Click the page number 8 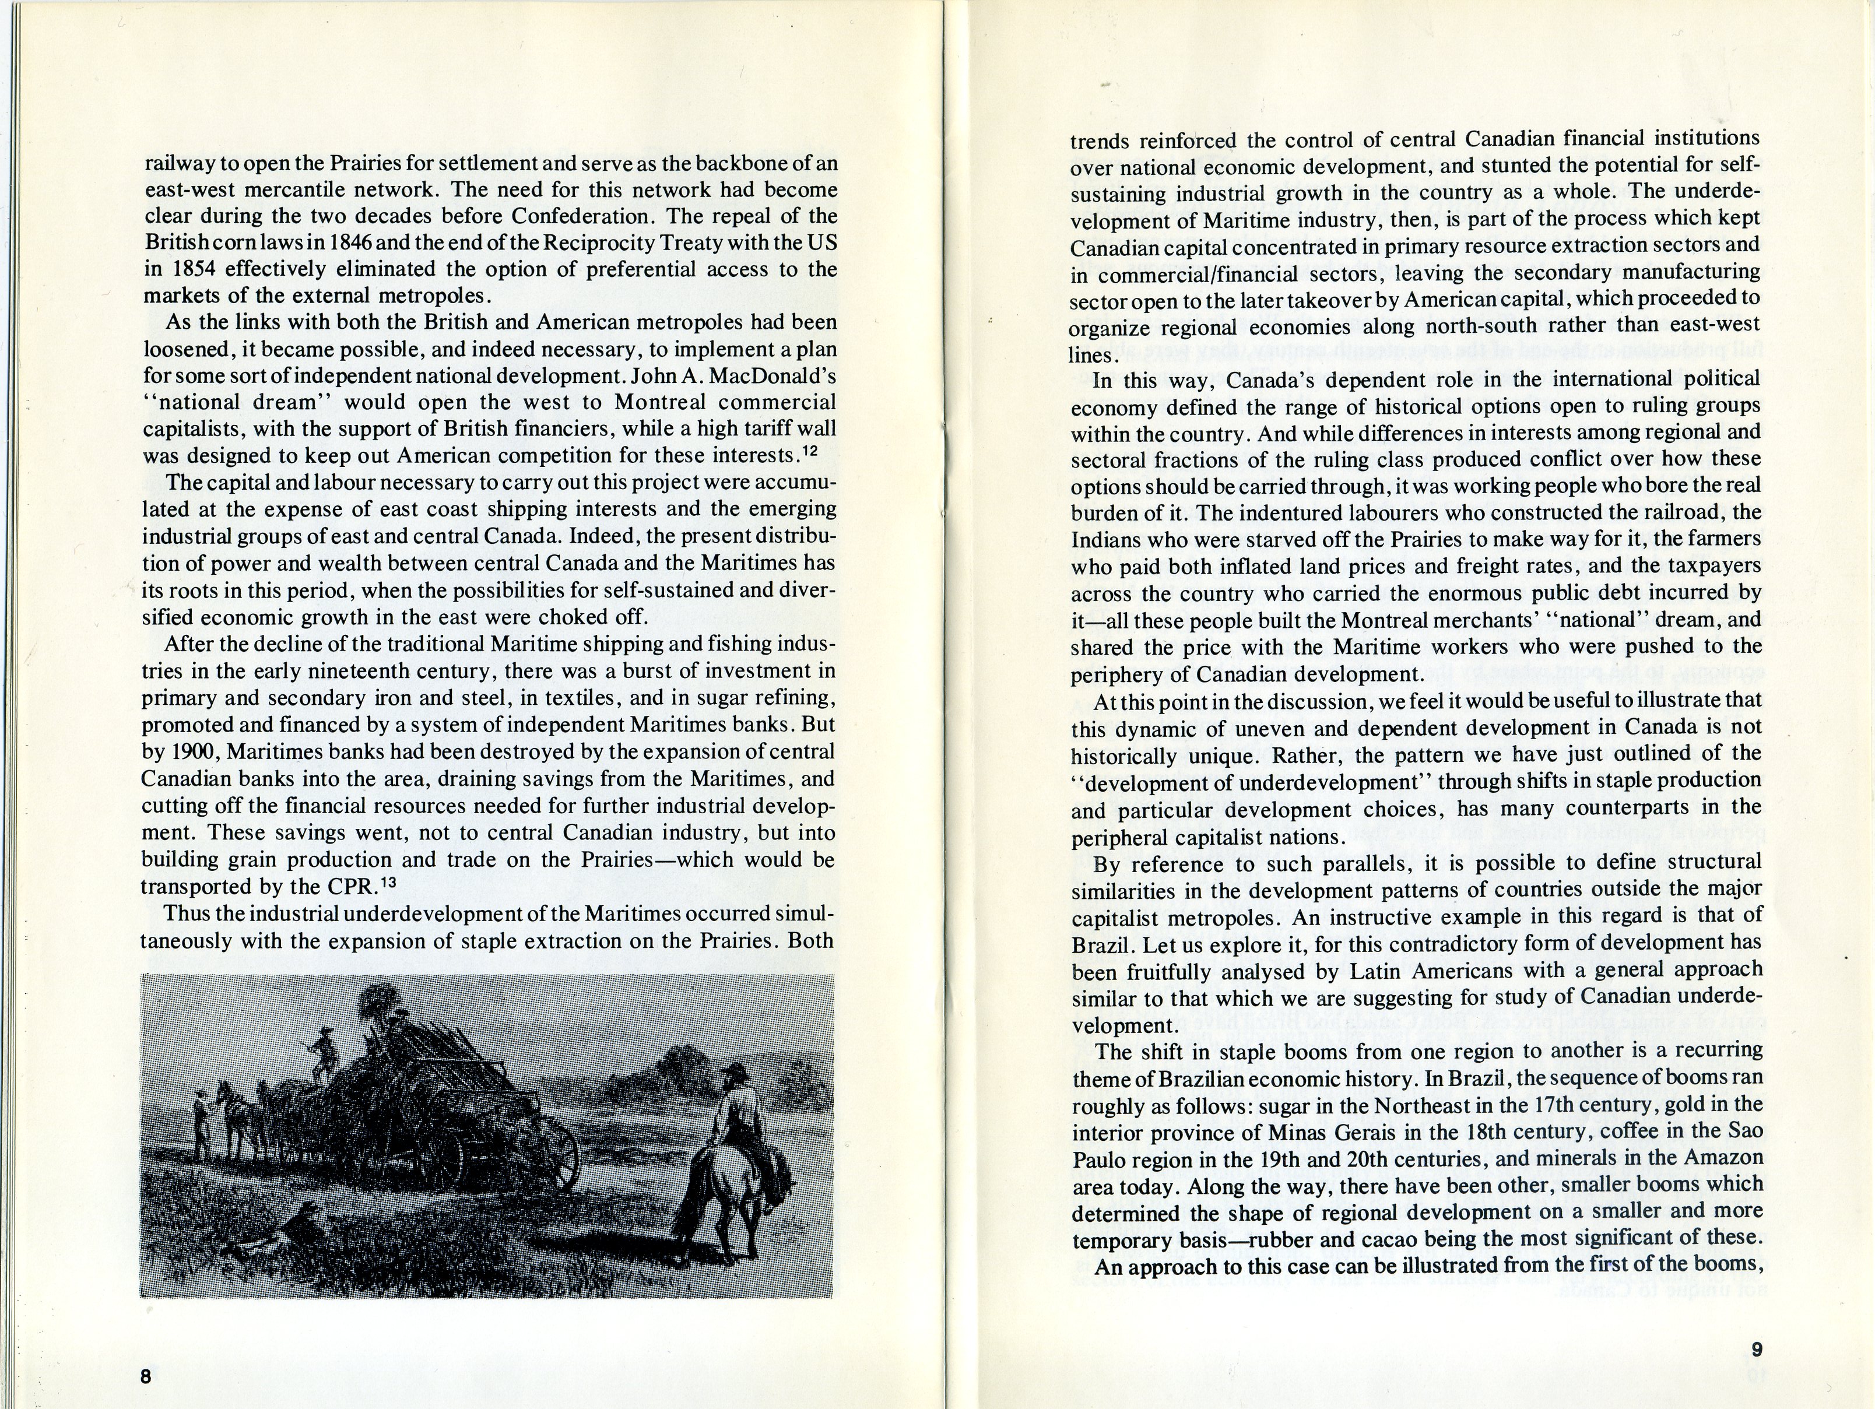145,1376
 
